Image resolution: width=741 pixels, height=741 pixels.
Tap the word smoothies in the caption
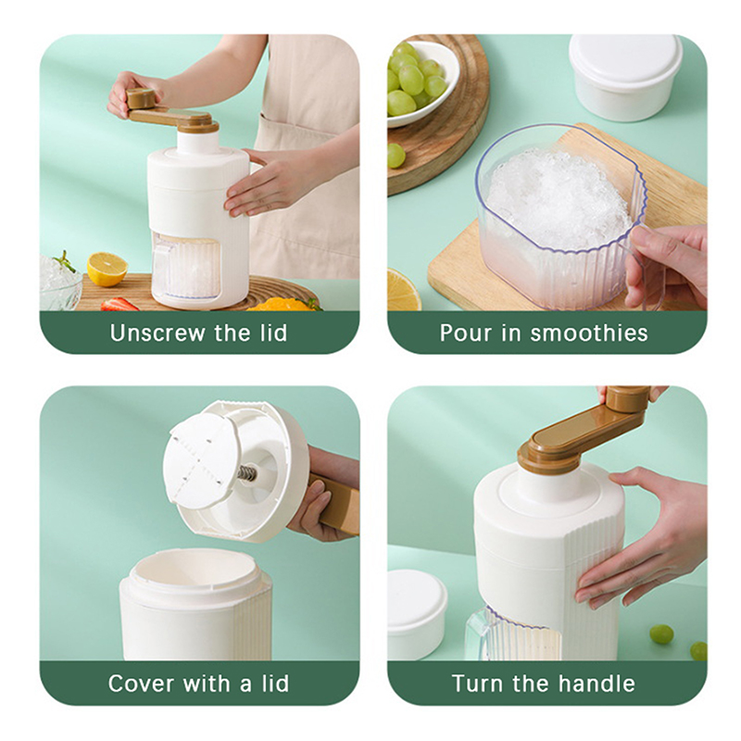click(x=589, y=333)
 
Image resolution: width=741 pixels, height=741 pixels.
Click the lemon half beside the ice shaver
click(x=107, y=269)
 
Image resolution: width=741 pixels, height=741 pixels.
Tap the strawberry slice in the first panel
click(x=119, y=304)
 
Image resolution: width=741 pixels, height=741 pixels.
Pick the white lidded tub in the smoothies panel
click(x=625, y=76)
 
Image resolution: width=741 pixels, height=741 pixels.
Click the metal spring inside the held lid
click(x=246, y=472)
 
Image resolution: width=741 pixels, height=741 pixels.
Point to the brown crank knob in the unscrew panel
click(x=141, y=97)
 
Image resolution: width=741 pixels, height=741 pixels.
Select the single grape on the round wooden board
click(x=396, y=155)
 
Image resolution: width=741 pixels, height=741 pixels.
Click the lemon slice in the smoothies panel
click(x=403, y=290)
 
